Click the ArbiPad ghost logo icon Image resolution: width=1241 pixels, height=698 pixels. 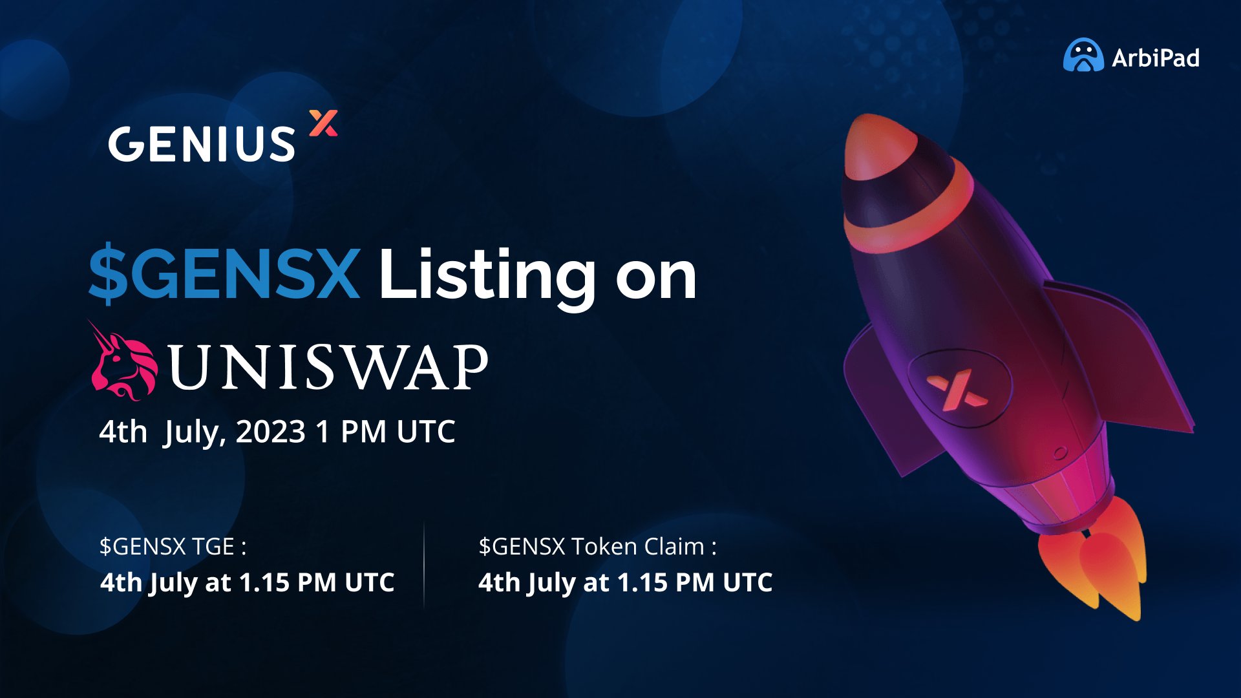(1083, 56)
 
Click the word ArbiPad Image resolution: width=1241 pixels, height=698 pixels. (1156, 58)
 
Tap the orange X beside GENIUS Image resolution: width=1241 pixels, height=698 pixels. (323, 123)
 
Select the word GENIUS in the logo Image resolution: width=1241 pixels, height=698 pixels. (202, 143)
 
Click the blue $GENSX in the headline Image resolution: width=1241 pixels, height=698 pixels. (224, 273)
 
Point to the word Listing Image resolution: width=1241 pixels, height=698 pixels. (486, 275)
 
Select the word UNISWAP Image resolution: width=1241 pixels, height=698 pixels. (328, 367)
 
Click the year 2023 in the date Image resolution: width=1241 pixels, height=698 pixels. (270, 432)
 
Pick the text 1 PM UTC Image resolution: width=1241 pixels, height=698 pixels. (385, 432)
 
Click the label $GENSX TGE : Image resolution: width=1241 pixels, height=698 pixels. (173, 547)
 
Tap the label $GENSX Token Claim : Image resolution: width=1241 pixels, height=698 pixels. (597, 547)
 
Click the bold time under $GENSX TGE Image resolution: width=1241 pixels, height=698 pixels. (247, 583)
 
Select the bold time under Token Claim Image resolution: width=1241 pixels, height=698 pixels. (625, 583)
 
